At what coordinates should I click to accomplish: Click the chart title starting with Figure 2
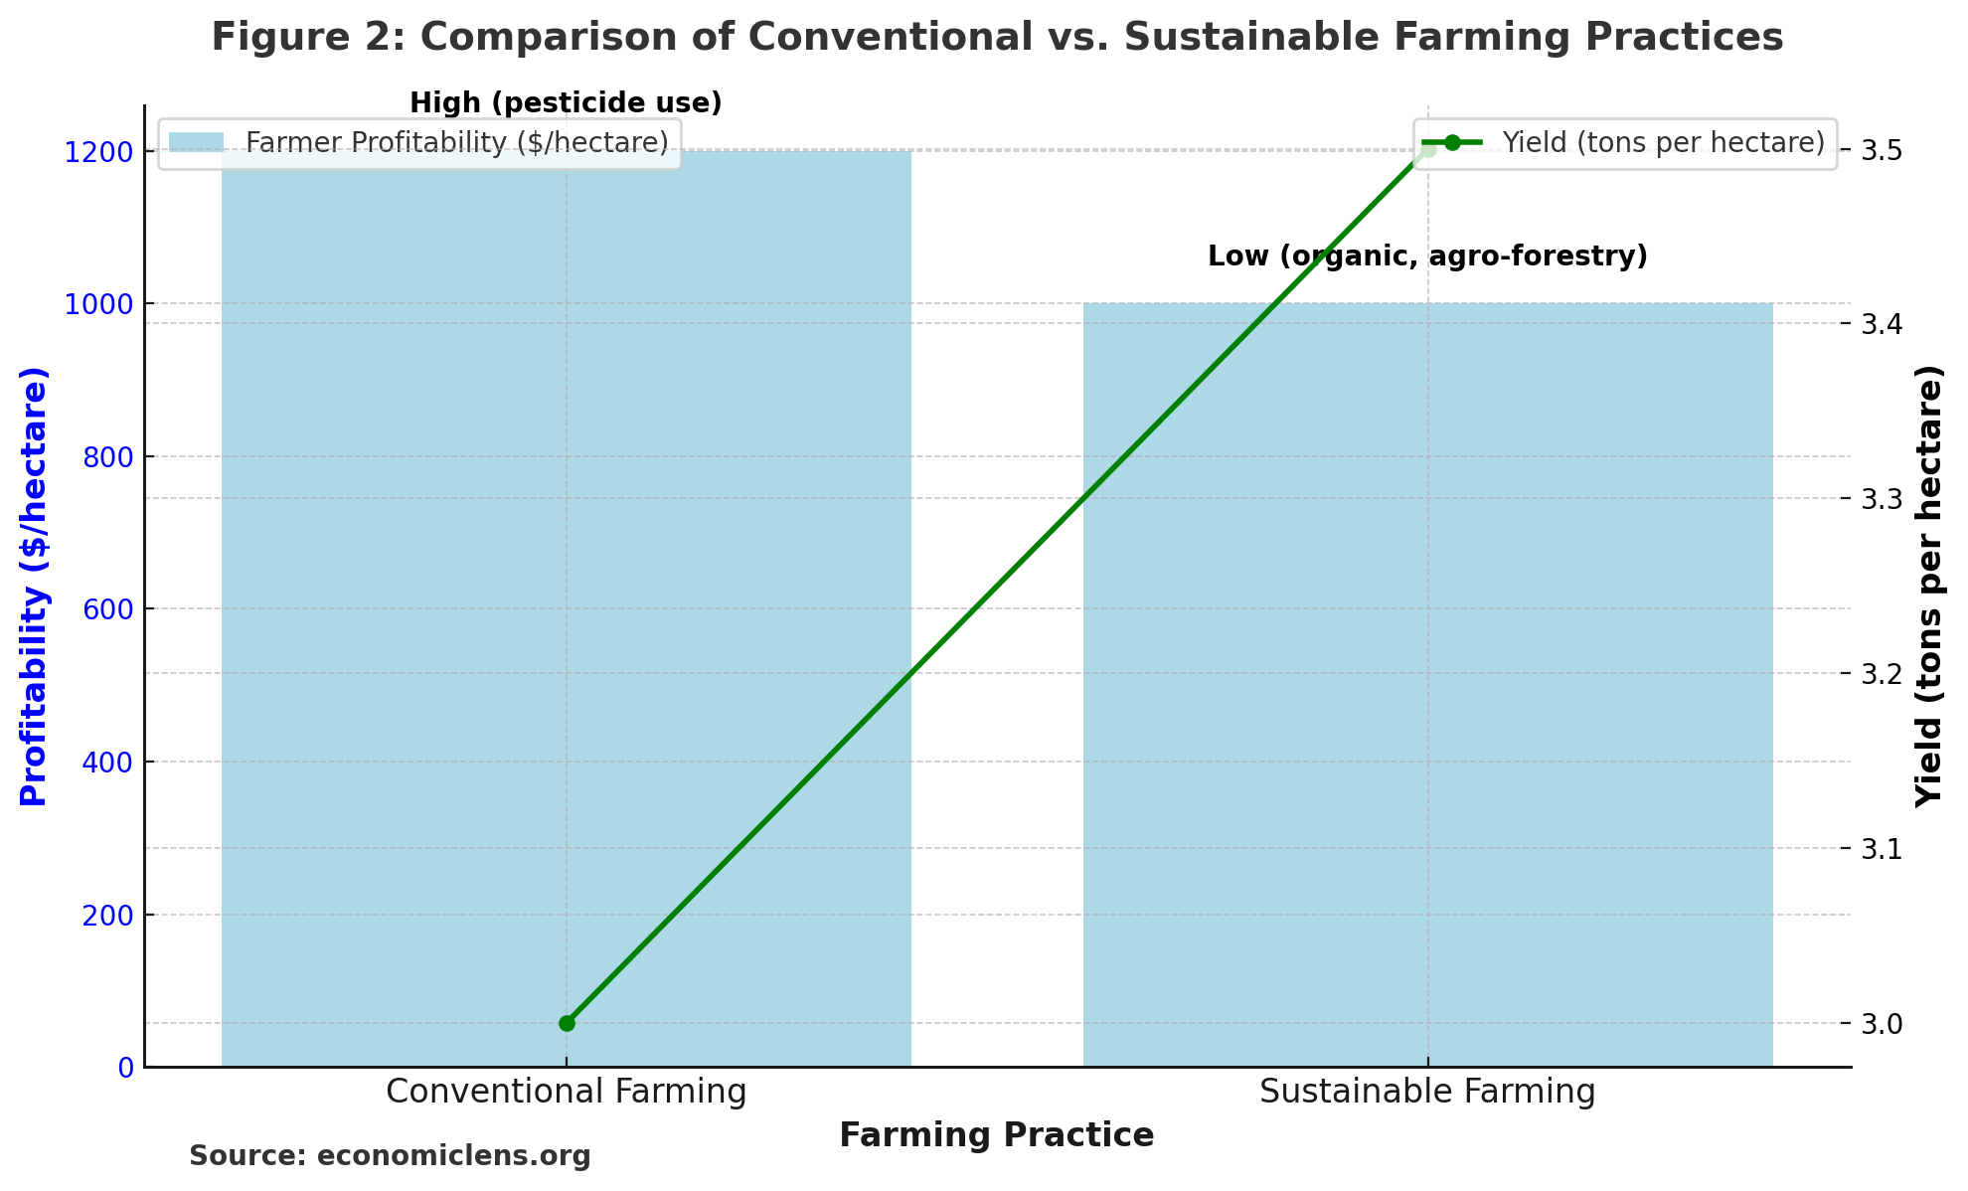(x=997, y=38)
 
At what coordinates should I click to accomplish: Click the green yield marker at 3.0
(x=567, y=1023)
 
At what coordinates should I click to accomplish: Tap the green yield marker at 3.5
(x=1428, y=151)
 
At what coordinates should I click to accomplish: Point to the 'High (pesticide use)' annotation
(x=566, y=103)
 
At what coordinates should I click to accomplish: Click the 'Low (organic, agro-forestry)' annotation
(x=1427, y=256)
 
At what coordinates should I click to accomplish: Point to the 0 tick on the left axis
(x=125, y=1068)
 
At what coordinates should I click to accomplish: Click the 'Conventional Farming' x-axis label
(x=566, y=1092)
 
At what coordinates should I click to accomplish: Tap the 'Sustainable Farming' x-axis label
(x=1427, y=1092)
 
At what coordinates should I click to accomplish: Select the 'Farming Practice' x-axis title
(x=997, y=1135)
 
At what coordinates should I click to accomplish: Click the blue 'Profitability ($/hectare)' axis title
(x=34, y=587)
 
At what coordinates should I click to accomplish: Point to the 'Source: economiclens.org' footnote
(x=390, y=1156)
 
